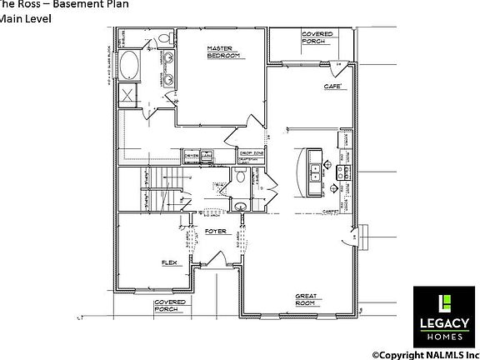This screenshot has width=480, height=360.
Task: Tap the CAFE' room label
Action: (334, 86)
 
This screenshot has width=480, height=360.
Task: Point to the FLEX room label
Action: (171, 263)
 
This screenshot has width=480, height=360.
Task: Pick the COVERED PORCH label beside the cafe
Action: (317, 37)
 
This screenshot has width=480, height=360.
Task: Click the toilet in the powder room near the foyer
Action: (242, 177)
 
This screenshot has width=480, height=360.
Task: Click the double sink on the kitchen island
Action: (317, 173)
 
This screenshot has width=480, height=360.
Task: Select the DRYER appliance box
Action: (191, 156)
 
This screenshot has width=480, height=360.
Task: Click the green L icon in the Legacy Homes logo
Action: (446, 302)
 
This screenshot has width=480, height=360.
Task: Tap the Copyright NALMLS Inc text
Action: (425, 353)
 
